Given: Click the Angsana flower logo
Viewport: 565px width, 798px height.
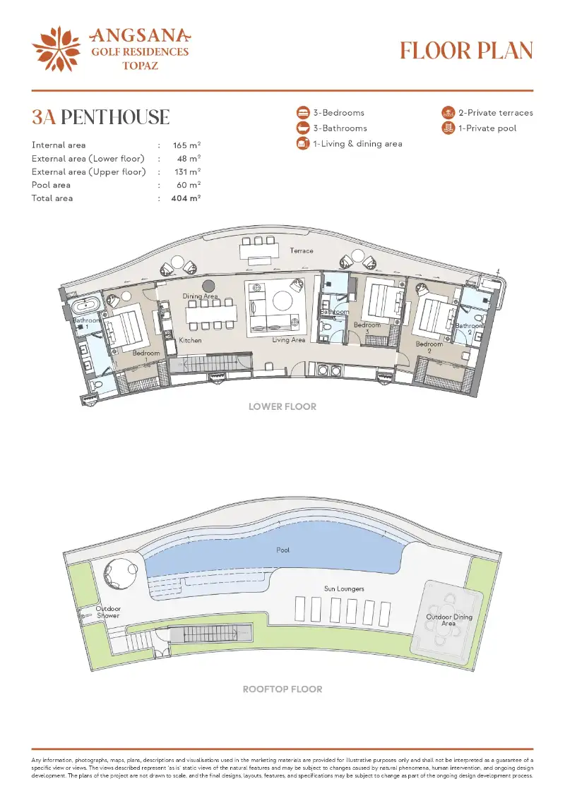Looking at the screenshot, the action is click(x=56, y=49).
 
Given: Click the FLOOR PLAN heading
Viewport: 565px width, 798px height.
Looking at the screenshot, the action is click(x=466, y=50).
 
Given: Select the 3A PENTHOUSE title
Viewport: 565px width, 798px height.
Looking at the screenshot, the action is click(x=100, y=117).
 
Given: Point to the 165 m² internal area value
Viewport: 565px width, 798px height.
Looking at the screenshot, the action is click(x=186, y=145).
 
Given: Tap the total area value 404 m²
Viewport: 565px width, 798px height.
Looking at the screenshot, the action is click(x=186, y=198).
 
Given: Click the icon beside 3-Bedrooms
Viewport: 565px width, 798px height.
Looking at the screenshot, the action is click(x=303, y=112).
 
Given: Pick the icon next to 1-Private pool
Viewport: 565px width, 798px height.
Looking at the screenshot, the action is click(x=448, y=128).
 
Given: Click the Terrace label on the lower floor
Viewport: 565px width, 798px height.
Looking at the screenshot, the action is click(x=302, y=250).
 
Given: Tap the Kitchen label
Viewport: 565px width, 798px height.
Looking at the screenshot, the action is click(x=190, y=340).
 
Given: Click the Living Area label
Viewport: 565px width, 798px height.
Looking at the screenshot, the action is click(x=288, y=339).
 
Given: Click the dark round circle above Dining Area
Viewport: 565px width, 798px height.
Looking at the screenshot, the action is click(x=208, y=286).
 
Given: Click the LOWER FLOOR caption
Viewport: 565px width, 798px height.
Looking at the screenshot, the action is click(x=282, y=406).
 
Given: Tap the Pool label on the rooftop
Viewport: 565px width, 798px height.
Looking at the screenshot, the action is click(x=282, y=550).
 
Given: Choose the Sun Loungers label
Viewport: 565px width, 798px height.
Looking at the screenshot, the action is click(x=345, y=589).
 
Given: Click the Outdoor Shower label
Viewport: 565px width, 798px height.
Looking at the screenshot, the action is click(x=108, y=612).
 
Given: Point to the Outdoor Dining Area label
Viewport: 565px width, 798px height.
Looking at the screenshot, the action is click(x=449, y=620).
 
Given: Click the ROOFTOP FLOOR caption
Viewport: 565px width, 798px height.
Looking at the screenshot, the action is click(x=282, y=689).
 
